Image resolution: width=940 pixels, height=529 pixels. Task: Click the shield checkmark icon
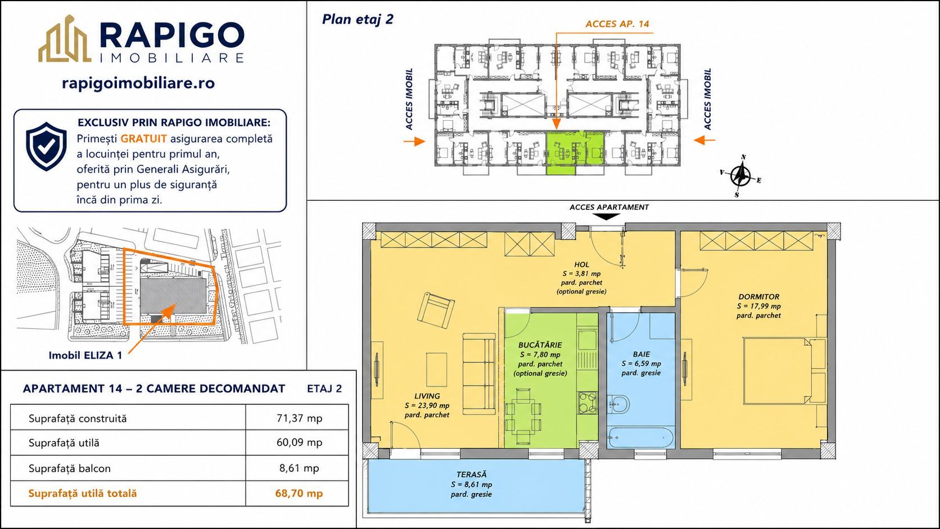46,146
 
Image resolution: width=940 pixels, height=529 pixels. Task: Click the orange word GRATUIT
143,138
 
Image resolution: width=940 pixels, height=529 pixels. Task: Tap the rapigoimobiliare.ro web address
138,83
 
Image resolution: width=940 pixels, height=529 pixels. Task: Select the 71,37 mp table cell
299,418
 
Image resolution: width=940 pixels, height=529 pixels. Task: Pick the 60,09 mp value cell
299,442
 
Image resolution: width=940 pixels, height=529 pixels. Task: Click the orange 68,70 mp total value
299,493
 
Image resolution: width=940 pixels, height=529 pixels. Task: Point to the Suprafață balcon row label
70,468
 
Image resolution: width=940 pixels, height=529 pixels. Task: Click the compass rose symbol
740,175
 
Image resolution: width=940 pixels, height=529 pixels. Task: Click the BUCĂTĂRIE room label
540,345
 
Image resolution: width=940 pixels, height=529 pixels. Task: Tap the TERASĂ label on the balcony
472,474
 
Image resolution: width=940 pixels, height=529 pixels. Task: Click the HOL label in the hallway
582,265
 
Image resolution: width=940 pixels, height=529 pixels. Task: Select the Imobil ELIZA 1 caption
85,355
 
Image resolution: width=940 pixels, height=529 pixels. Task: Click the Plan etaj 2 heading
358,19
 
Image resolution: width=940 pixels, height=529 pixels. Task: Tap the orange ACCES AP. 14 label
617,24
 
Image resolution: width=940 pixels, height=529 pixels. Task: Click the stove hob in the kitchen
587,403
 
